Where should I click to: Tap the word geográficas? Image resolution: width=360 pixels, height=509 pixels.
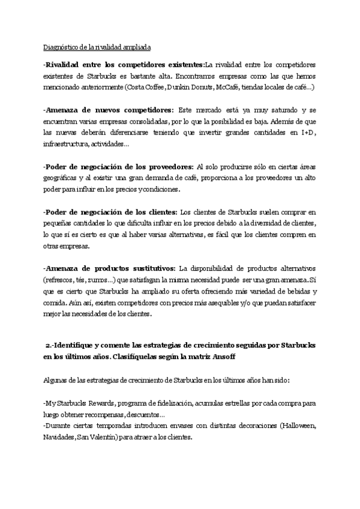[62, 178]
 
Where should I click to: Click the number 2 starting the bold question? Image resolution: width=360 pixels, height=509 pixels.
[48, 348]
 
